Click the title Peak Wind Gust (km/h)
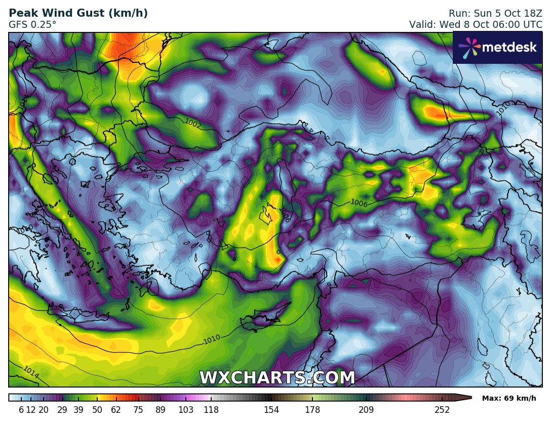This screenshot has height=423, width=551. coord(78,14)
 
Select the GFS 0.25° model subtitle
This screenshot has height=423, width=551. coord(32,24)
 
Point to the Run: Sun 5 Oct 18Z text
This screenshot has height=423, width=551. coord(495,14)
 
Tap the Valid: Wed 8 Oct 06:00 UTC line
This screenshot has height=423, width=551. coord(476,24)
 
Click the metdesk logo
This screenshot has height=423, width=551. coord(497,48)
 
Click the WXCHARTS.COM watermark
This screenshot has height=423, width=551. coord(277,378)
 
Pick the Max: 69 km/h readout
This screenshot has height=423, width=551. coord(508,398)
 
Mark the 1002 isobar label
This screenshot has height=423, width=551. coord(193,123)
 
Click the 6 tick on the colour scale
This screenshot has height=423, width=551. coord(21,410)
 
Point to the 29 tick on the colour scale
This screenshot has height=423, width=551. coord(62,410)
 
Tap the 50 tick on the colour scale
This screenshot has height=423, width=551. coord(97,410)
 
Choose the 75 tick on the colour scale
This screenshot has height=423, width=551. coord(138,410)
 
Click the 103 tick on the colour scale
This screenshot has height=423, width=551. coord(186,410)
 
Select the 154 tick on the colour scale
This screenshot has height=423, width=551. coord(271,410)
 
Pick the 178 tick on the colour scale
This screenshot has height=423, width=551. coord(312,410)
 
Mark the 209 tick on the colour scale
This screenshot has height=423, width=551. coord(366,410)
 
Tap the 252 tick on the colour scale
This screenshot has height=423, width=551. coord(442,410)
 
